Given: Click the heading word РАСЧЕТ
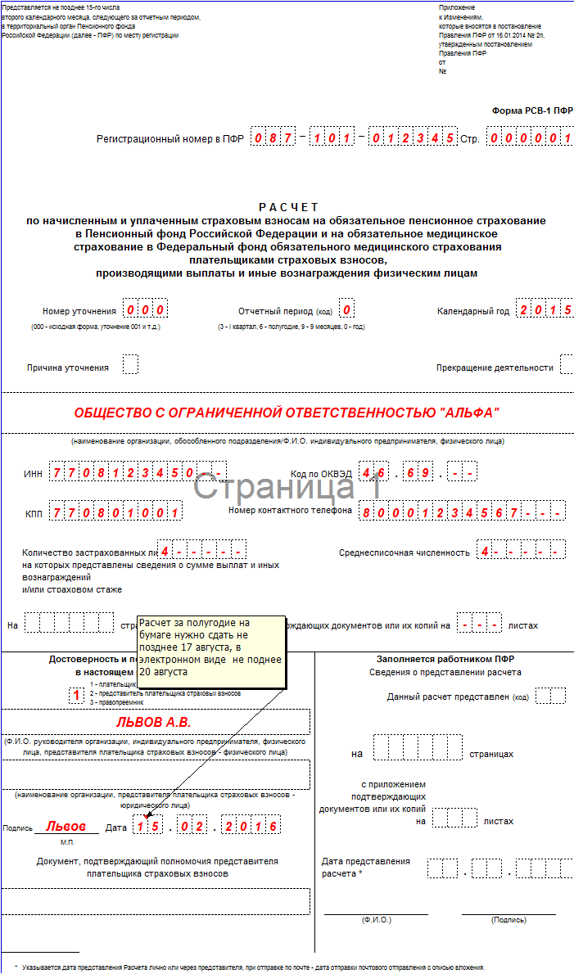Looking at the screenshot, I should (x=289, y=207).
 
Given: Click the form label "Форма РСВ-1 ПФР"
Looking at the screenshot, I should (x=532, y=110).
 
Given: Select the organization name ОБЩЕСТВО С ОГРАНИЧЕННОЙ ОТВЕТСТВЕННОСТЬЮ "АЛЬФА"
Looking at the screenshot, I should (x=287, y=413).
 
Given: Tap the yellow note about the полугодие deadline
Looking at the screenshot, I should (x=211, y=647).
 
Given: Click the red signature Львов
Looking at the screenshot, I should (x=66, y=827).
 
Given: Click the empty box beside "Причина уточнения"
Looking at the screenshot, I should (x=130, y=364).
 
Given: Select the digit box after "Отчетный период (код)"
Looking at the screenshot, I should (x=347, y=310).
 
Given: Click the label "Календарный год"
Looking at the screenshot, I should (x=473, y=311).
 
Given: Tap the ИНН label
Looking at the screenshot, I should (x=33, y=474).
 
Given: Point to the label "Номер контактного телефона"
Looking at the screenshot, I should (x=290, y=511).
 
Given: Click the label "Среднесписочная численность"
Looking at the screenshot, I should (x=405, y=552).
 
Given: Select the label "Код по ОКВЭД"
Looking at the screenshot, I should (x=321, y=474).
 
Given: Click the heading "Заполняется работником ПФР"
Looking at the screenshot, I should (x=445, y=659).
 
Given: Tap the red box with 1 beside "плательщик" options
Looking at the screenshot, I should (x=76, y=695).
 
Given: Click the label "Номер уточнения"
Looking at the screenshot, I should (x=79, y=311).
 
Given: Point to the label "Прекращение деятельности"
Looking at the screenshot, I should (x=495, y=368).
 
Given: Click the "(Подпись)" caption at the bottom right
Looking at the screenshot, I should (x=508, y=920).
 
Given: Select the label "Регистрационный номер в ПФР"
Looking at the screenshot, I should (x=169, y=139).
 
